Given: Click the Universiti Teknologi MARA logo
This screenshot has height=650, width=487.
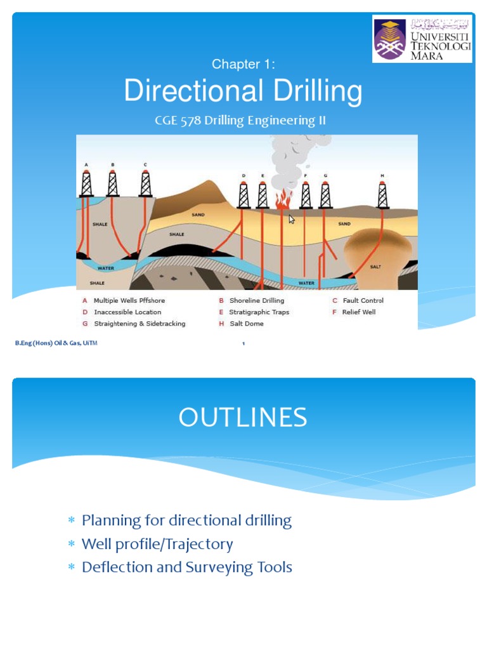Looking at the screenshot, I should point(422,39).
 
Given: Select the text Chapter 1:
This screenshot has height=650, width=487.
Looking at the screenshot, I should point(243,64).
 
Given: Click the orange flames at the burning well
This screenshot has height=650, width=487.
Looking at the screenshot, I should point(283,197).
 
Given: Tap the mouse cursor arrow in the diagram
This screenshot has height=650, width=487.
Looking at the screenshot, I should point(292,220).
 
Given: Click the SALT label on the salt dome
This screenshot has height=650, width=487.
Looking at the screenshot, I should point(375,267).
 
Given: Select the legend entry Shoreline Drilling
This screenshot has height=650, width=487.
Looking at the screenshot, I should point(256,300).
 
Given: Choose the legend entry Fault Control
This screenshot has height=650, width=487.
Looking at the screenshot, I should point(363,300).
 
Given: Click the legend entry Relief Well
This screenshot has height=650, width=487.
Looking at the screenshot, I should point(358,312).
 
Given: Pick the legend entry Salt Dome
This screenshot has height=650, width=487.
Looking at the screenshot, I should point(246,323).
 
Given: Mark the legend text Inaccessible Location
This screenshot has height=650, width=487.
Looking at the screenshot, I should point(127,312).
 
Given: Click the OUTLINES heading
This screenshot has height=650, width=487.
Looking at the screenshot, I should point(243,418).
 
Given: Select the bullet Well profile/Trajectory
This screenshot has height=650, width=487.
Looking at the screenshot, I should point(157,544).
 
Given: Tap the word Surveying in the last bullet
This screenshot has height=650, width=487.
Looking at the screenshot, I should point(216,567).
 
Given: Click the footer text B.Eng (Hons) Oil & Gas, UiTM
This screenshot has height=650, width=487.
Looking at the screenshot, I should point(56,343).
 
